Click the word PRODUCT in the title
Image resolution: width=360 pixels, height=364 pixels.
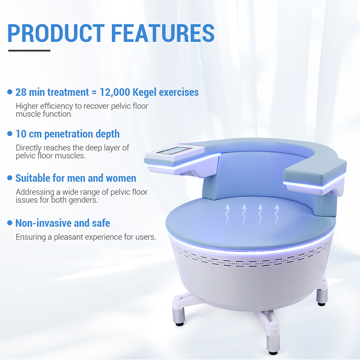point(56,33)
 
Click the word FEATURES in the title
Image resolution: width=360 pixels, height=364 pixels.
point(163,33)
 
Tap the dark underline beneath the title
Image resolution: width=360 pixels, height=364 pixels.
point(29,50)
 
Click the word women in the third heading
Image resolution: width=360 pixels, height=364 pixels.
point(120,178)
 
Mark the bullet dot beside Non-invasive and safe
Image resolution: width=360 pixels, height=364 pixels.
point(10,223)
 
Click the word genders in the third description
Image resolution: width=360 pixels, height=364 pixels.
point(83,200)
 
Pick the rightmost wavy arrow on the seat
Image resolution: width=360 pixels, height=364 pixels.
point(277,212)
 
